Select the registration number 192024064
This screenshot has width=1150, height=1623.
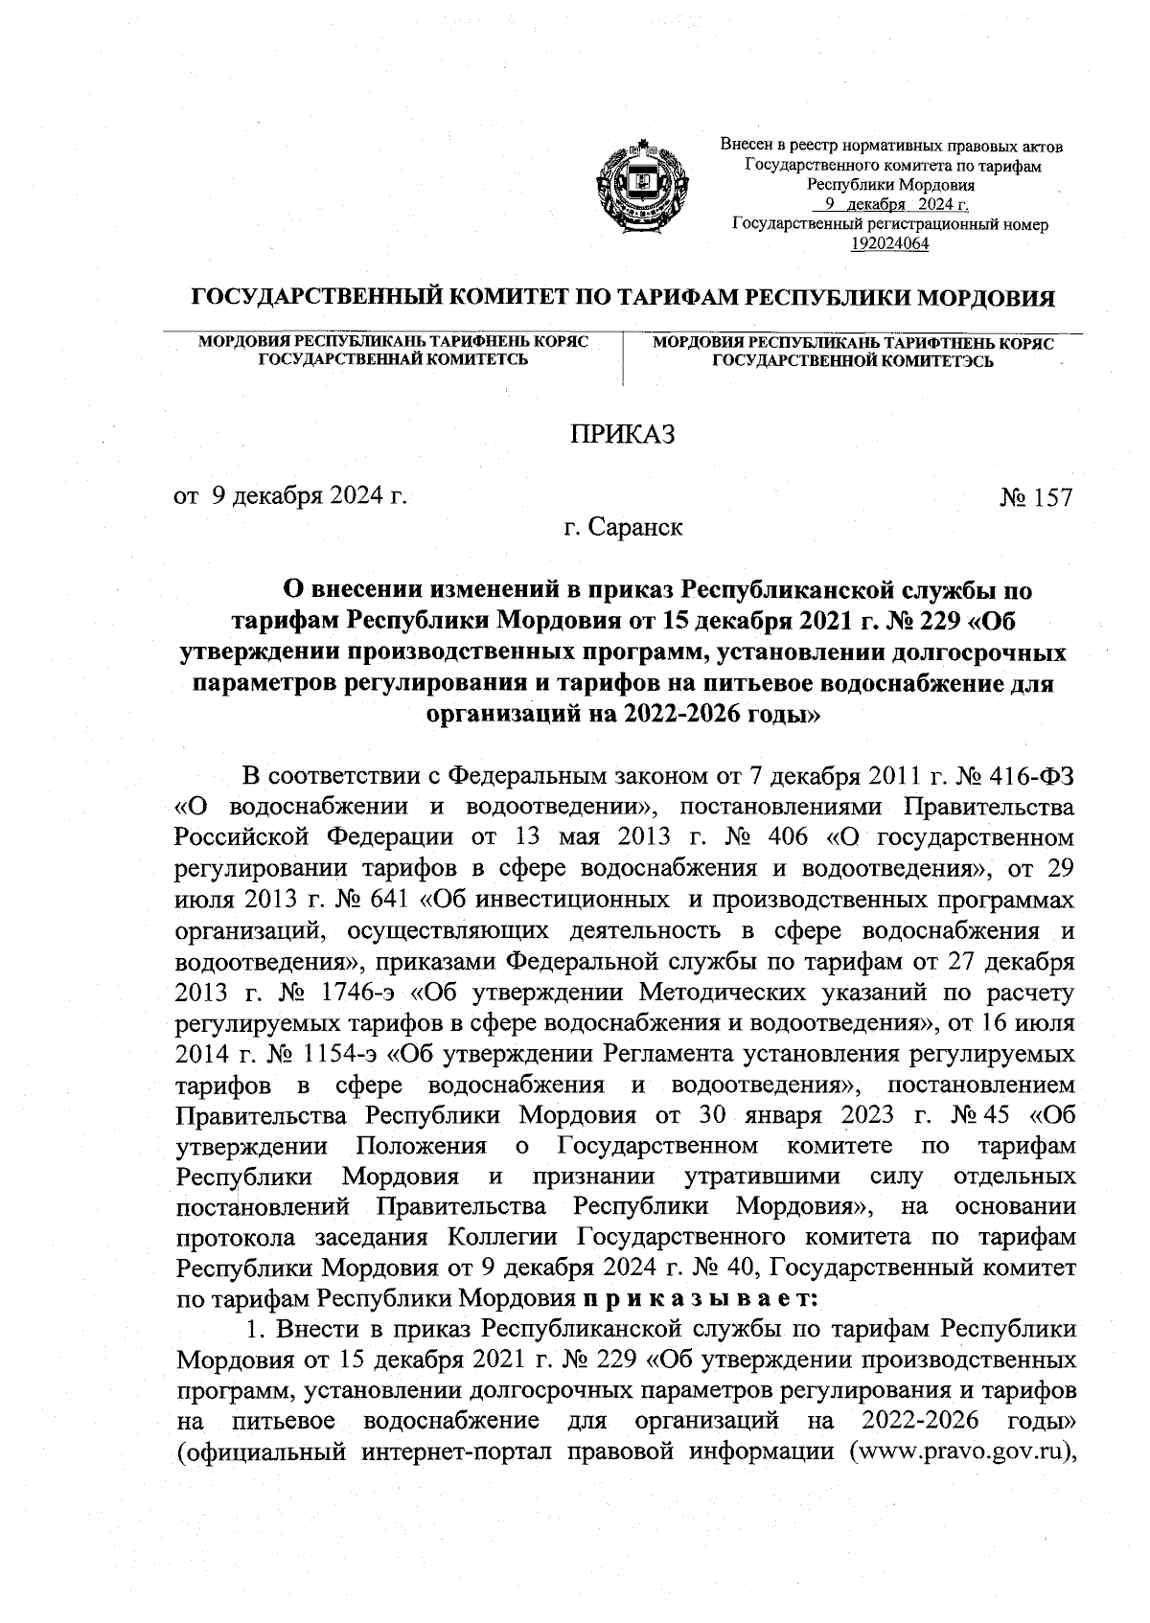890,243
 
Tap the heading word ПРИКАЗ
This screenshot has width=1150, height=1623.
623,434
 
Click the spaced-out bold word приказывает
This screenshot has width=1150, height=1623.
698,1299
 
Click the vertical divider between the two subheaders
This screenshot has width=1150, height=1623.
623,358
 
